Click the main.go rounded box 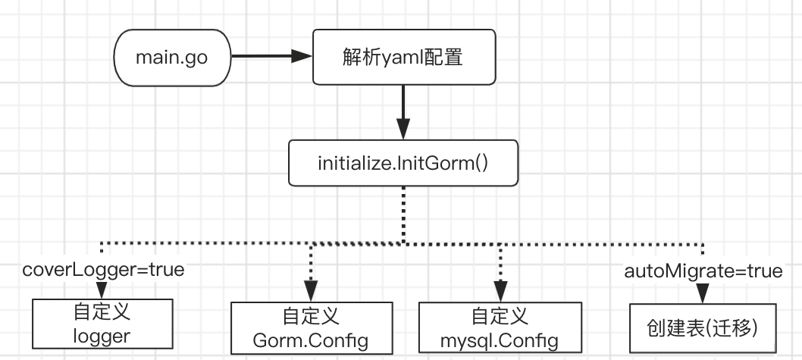pos(171,57)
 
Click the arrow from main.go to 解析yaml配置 pos(269,56)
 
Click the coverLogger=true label pos(102,271)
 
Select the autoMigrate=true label pos(703,271)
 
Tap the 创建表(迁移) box pos(703,327)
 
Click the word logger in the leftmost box pos(102,337)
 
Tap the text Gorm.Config pos(311,340)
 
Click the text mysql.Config pos(499,340)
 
